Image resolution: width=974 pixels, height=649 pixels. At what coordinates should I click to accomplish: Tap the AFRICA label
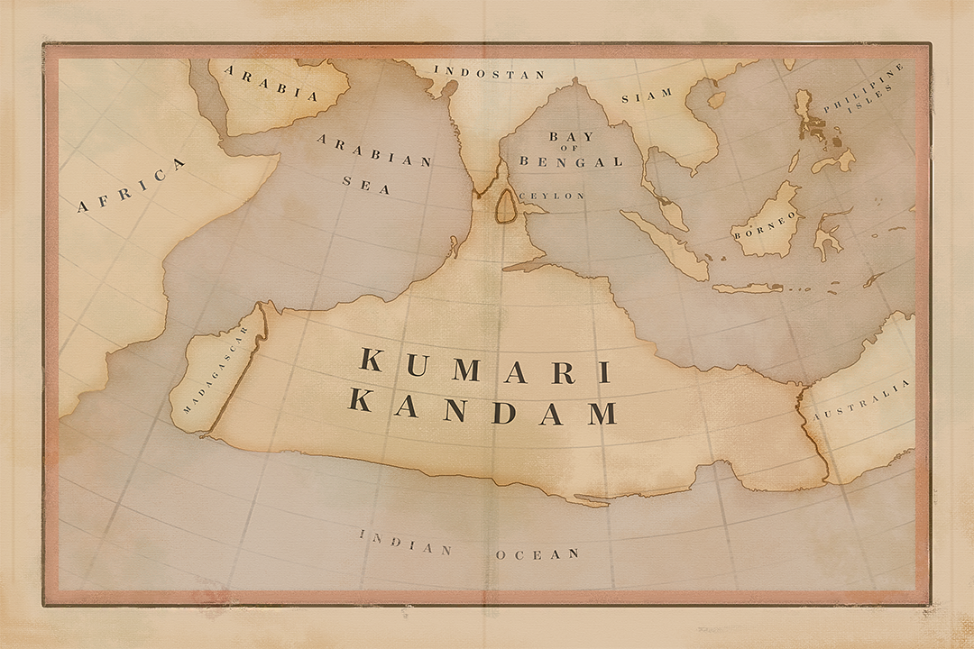pyautogui.click(x=132, y=187)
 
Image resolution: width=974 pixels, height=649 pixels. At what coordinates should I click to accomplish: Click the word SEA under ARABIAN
pyautogui.click(x=366, y=184)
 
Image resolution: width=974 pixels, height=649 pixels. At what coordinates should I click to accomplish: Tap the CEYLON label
pyautogui.click(x=553, y=196)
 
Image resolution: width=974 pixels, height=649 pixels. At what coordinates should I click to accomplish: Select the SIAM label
pyautogui.click(x=654, y=94)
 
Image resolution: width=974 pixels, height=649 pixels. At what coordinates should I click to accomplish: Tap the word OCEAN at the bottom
pyautogui.click(x=537, y=553)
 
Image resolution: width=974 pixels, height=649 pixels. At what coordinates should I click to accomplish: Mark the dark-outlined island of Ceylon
pyautogui.click(x=507, y=206)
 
